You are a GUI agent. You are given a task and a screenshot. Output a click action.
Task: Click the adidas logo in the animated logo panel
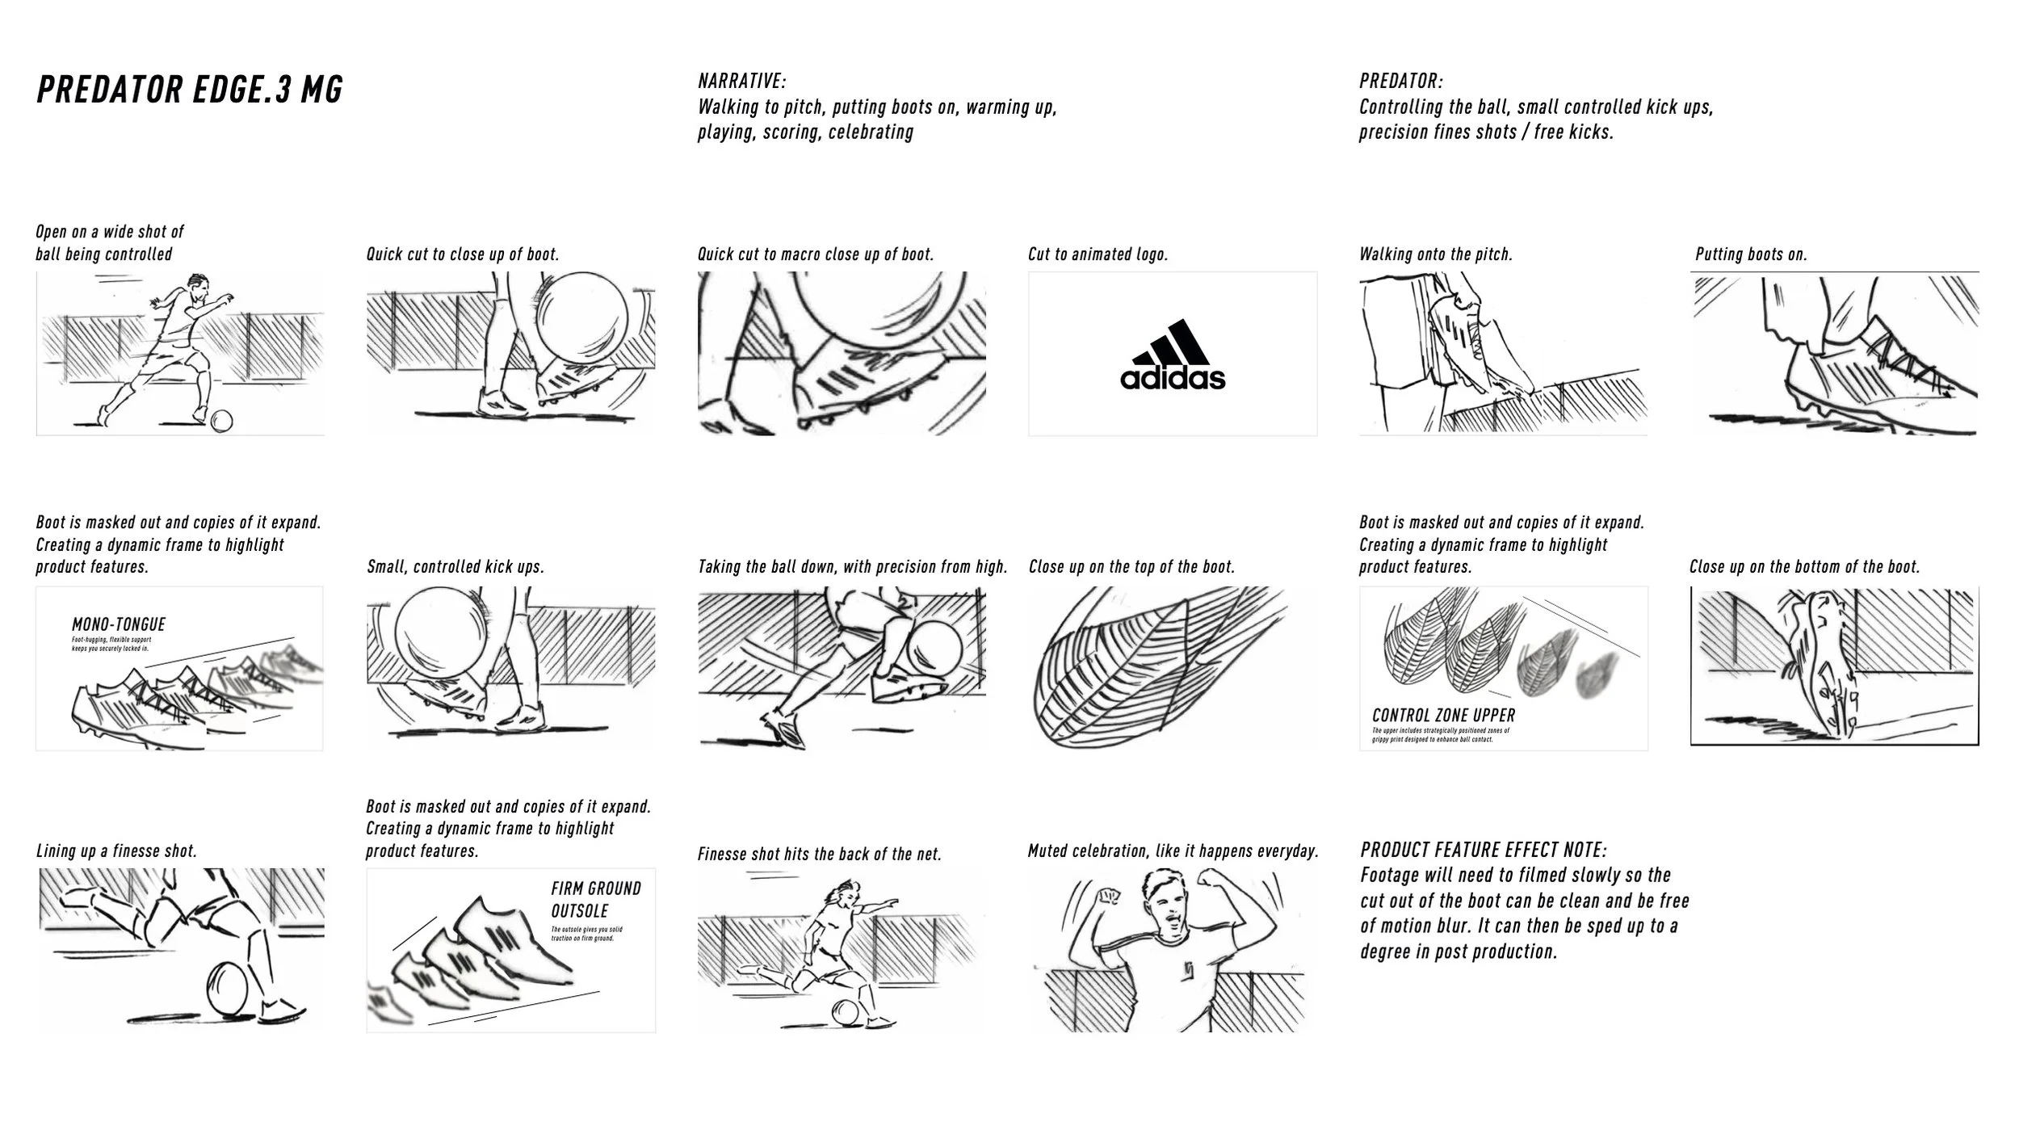click(1172, 355)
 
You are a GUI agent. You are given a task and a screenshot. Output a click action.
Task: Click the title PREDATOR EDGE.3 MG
click(190, 90)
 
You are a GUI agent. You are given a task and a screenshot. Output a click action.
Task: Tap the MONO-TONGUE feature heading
click(119, 624)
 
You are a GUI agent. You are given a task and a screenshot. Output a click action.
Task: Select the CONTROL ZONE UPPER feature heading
click(1443, 715)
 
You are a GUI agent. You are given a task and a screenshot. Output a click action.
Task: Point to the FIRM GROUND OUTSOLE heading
click(596, 900)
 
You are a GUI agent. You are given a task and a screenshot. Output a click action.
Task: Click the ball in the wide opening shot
click(221, 420)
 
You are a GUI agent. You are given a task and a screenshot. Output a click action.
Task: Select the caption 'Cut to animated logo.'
click(1098, 254)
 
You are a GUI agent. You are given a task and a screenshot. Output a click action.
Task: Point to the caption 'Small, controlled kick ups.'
click(455, 567)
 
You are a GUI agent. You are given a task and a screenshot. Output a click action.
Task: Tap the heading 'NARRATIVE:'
click(741, 81)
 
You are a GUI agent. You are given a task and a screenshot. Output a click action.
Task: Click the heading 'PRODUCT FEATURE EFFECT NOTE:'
click(1484, 850)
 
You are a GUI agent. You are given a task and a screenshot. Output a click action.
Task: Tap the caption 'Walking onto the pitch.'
click(1435, 254)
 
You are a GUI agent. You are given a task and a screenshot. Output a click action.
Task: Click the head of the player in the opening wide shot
click(199, 285)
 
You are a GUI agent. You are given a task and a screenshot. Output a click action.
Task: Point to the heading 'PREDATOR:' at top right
click(1400, 81)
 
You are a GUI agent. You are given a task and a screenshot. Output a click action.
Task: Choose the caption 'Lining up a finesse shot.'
click(116, 851)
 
